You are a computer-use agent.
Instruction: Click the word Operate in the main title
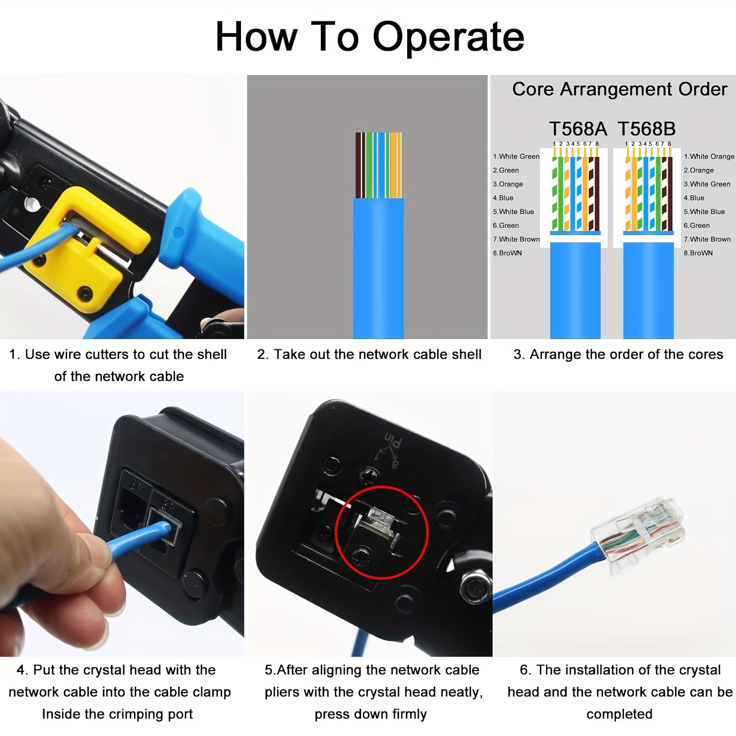pos(448,37)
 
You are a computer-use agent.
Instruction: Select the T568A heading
pos(578,129)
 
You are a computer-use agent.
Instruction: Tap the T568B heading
pos(646,129)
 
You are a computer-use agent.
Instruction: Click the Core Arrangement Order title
pos(619,89)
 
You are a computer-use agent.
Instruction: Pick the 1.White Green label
pos(516,157)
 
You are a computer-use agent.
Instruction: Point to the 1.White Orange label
pos(709,157)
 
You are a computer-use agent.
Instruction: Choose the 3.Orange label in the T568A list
pos(508,184)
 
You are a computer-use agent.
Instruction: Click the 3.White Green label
pos(707,184)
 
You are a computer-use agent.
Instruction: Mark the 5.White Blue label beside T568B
pos(704,211)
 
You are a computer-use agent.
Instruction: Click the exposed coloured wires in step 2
pos(378,165)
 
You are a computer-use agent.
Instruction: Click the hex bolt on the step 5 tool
pos(475,587)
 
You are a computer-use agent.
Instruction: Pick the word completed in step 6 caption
pos(619,714)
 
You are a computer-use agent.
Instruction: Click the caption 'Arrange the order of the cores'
pos(618,354)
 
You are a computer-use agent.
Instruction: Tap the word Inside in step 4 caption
pos(60,714)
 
